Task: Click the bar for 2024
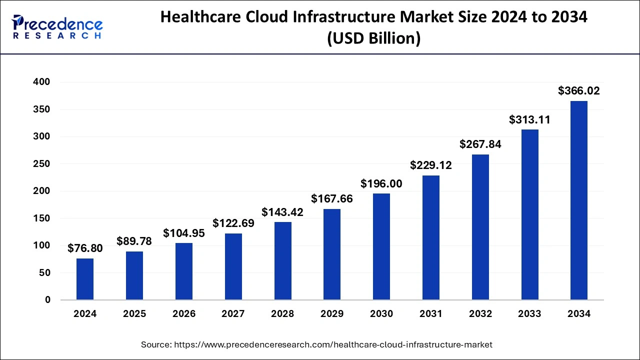(85, 279)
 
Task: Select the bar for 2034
(579, 200)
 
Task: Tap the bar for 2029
(332, 254)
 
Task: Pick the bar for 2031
(431, 237)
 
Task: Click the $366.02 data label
(579, 91)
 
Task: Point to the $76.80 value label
(85, 248)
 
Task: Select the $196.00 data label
(381, 184)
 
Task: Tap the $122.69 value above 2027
(233, 223)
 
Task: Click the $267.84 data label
(480, 144)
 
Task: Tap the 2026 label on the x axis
(184, 314)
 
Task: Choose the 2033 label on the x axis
(529, 314)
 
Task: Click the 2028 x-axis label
(283, 314)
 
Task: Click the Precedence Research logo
(57, 27)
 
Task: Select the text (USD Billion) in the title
(373, 38)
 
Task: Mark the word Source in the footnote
(157, 344)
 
